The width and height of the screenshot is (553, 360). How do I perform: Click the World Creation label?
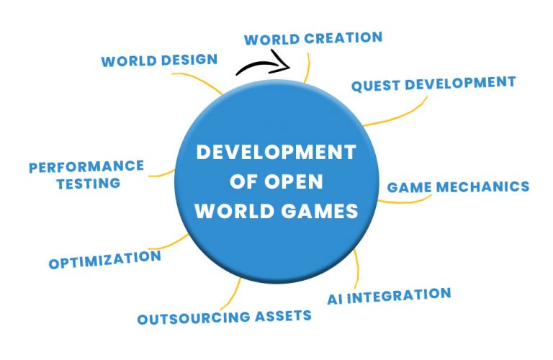coord(313,38)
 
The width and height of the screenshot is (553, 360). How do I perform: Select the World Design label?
coord(159,60)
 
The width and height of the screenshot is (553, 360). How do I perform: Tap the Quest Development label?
coord(433,84)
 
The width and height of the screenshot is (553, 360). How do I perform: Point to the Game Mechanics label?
coord(458,187)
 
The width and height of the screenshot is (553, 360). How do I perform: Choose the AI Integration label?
coord(389,296)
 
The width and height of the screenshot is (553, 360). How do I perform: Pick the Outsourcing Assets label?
coord(225,317)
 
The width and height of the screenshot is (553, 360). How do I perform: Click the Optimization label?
coord(104,259)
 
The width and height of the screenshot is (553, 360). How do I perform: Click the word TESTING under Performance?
coord(89,184)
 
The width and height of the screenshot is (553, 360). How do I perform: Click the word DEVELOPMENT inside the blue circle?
coord(276,153)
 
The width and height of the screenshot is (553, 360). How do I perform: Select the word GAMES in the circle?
coord(320,211)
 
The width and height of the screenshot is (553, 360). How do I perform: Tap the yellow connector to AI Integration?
coord(357,269)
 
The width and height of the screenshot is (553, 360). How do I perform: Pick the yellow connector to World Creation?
coord(308,68)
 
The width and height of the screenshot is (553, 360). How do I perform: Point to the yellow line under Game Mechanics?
coord(405,201)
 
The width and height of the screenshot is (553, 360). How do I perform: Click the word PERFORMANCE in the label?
coord(86,166)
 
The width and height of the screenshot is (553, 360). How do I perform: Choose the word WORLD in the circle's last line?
coord(235,211)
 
